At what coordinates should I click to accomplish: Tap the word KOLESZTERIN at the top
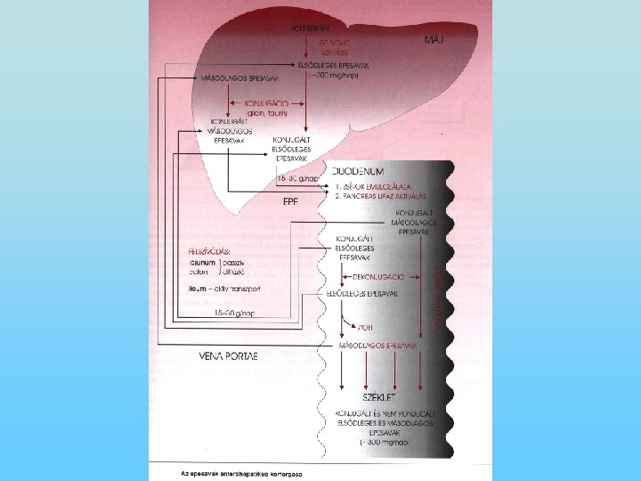(305, 28)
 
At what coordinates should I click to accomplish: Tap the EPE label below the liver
(290, 202)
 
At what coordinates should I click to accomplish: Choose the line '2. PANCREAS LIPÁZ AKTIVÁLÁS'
(381, 195)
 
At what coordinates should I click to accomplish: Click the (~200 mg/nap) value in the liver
(331, 77)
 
